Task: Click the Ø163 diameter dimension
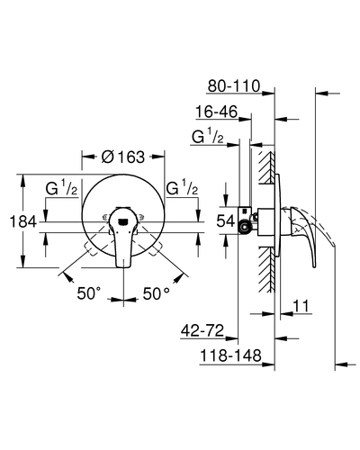click(x=123, y=157)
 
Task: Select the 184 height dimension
click(x=22, y=222)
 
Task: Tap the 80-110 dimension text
click(x=234, y=86)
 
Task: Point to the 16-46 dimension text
click(x=216, y=112)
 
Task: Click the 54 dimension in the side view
click(x=226, y=221)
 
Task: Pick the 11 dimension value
click(x=301, y=306)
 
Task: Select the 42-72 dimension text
click(x=202, y=330)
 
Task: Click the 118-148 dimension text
click(x=230, y=356)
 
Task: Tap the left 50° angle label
click(x=89, y=293)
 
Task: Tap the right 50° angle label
click(x=156, y=293)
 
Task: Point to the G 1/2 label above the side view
click(x=208, y=137)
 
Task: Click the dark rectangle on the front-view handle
click(x=123, y=222)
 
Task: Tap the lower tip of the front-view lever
click(x=123, y=266)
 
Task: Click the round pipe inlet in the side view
click(x=244, y=227)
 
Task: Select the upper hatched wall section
click(x=265, y=167)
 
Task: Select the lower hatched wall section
click(x=265, y=269)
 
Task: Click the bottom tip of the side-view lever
click(x=314, y=266)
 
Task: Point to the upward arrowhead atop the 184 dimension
click(x=22, y=180)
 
